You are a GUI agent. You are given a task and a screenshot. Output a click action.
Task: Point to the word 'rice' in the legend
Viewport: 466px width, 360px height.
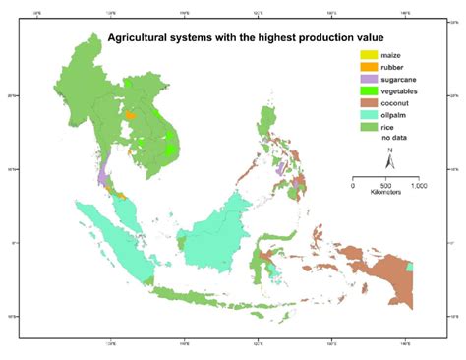pos(386,126)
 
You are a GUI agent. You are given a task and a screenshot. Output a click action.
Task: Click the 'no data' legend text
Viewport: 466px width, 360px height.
pos(392,138)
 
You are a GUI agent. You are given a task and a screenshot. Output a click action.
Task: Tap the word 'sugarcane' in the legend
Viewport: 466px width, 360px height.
pos(398,79)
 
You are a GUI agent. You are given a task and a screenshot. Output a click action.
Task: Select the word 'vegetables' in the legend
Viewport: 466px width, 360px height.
pos(399,90)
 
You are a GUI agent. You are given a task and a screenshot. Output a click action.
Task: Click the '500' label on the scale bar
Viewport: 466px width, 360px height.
pos(385,187)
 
